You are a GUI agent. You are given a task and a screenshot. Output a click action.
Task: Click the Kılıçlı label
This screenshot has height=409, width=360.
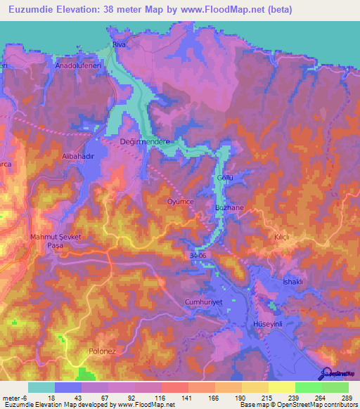tap(283, 238)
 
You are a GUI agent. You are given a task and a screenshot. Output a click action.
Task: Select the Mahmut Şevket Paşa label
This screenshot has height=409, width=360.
tap(56, 241)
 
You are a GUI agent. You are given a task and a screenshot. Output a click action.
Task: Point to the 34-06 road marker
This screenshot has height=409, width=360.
tap(198, 257)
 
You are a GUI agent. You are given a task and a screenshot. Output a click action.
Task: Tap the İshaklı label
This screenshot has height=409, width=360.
tap(292, 282)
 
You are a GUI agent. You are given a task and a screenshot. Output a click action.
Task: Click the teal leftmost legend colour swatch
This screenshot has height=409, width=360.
tap(41, 387)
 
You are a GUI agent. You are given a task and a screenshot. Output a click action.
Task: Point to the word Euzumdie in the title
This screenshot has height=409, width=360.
tap(32, 10)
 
